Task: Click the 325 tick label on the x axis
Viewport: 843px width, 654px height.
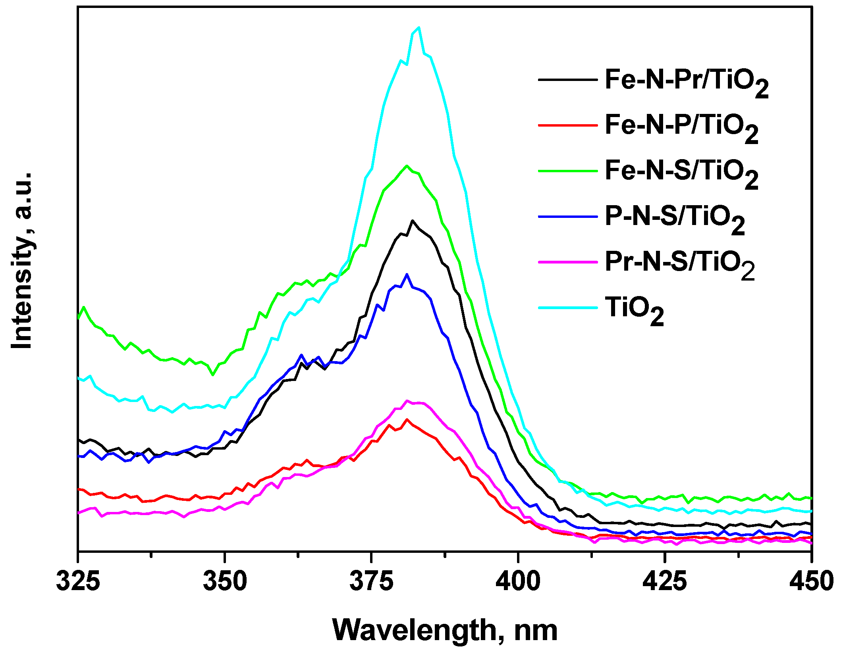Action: pyautogui.click(x=78, y=582)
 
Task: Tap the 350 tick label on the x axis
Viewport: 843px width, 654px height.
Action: pyautogui.click(x=225, y=582)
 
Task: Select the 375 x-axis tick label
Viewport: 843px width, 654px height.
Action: pyautogui.click(x=371, y=582)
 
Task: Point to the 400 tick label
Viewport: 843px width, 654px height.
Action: pyautogui.click(x=518, y=582)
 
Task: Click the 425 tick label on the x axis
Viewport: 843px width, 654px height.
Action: pyautogui.click(x=664, y=582)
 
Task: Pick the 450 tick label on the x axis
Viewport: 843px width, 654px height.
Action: pyautogui.click(x=811, y=582)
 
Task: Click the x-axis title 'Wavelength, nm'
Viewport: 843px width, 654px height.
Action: pyautogui.click(x=445, y=630)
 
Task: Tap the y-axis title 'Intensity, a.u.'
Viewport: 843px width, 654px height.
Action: pyautogui.click(x=22, y=261)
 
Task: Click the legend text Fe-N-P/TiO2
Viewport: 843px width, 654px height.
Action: pyautogui.click(x=681, y=127)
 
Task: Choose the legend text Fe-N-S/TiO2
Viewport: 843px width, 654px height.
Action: pyautogui.click(x=681, y=173)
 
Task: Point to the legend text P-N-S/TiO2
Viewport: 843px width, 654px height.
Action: pyautogui.click(x=674, y=219)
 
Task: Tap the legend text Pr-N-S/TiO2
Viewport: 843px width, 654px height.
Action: pyautogui.click(x=679, y=264)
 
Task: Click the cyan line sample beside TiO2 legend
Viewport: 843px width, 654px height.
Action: pyautogui.click(x=568, y=308)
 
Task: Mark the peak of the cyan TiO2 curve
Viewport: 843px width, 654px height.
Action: pyautogui.click(x=419, y=27)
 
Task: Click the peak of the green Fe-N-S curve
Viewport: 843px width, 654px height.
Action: pyautogui.click(x=407, y=166)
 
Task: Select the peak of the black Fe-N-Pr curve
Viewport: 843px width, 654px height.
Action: pyautogui.click(x=413, y=221)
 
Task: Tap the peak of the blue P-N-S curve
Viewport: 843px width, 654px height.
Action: pyautogui.click(x=407, y=274)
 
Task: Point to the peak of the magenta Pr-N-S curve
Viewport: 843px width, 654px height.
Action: pyautogui.click(x=407, y=401)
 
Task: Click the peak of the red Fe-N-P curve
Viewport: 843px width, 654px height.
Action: pyautogui.click(x=407, y=419)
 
